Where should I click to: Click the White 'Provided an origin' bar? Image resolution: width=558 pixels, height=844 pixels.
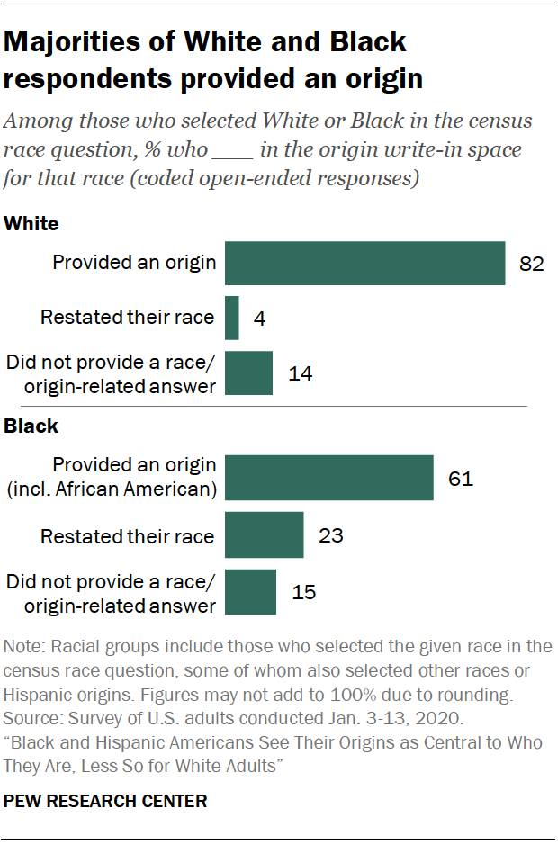point(364,263)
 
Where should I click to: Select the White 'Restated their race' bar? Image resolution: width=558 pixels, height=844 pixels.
point(231,318)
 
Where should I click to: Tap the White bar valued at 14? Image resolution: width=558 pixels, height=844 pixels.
point(248,373)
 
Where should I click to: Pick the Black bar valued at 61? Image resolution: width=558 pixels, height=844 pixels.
point(329,478)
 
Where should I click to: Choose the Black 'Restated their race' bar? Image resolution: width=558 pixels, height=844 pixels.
point(264,536)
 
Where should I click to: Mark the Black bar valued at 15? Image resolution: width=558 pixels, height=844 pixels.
point(250,592)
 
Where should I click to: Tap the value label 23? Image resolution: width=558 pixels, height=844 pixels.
point(330,536)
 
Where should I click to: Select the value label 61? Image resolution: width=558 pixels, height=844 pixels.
point(461,478)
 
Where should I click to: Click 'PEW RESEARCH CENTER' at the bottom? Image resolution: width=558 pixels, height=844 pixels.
point(105,800)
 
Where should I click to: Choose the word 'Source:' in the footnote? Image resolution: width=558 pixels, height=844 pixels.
point(33,720)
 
